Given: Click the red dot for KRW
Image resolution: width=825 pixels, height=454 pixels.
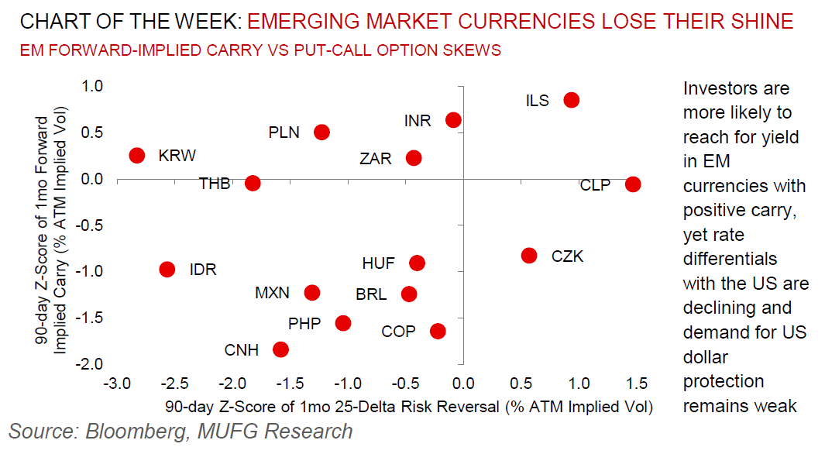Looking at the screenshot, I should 137,155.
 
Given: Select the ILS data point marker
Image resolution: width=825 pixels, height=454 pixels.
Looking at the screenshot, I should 572,100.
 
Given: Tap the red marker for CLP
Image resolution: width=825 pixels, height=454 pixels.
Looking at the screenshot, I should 633,184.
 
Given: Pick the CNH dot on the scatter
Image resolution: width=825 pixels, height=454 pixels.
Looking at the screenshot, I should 280,349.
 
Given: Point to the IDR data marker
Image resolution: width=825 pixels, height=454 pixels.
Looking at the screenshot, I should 167,269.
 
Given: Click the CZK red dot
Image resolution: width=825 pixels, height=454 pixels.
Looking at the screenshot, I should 529,256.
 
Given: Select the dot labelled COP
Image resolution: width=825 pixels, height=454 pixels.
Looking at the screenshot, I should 438,331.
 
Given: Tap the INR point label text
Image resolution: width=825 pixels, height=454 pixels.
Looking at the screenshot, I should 419,122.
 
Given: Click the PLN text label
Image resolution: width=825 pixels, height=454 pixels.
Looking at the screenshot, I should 284,132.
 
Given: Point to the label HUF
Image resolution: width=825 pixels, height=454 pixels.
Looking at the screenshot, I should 378,263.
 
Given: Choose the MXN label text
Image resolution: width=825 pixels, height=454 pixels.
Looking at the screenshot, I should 272,293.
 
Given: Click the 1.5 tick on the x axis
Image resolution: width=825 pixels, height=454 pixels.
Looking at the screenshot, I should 634,383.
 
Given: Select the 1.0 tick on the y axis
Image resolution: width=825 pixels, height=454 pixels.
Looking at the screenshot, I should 92,87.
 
